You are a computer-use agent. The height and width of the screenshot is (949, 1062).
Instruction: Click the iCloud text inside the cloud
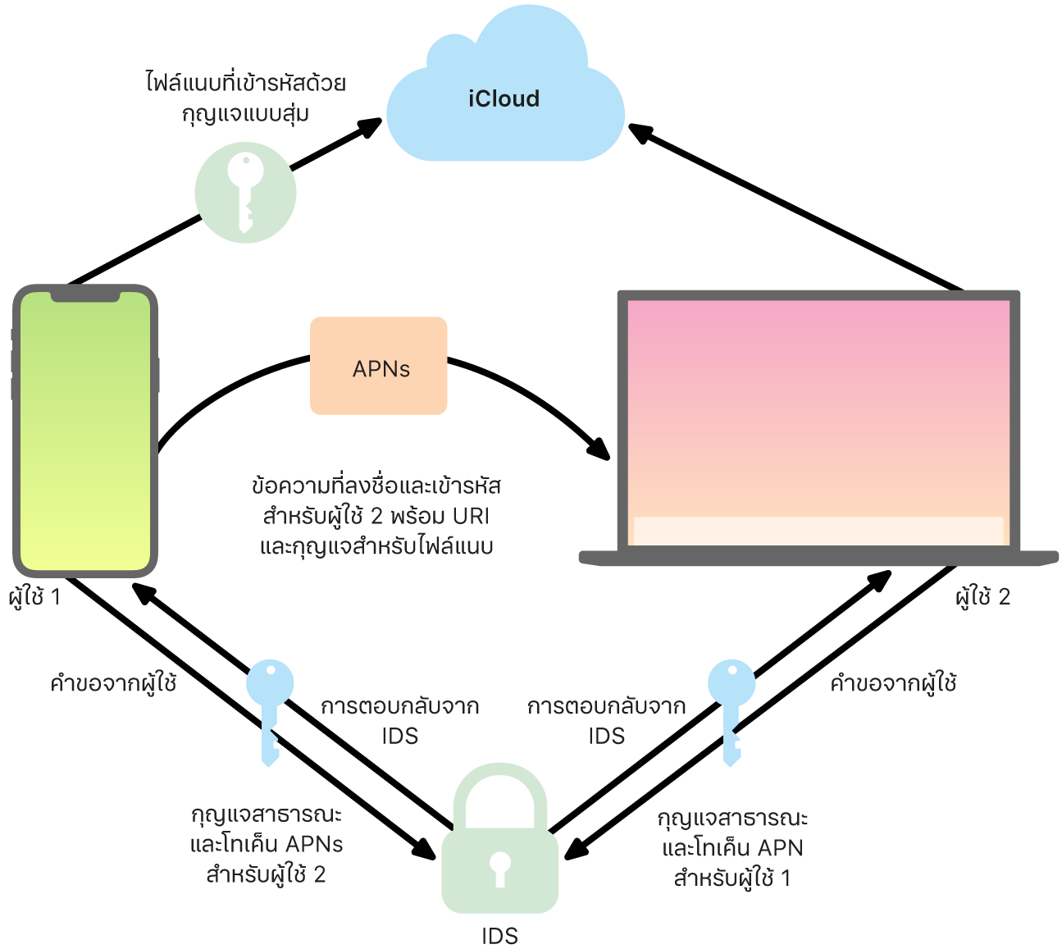point(504,99)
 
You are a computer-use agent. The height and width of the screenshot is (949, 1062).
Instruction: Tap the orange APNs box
point(379,366)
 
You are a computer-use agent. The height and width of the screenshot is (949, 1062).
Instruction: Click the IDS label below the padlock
point(499,936)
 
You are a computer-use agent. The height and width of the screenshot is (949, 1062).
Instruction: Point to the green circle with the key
point(245,193)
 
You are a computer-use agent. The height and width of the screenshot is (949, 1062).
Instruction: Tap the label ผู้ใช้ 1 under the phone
point(34,597)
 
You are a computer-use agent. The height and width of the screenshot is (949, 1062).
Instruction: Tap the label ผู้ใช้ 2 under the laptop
point(982,597)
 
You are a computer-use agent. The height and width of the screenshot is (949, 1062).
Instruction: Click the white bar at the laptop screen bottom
point(818,530)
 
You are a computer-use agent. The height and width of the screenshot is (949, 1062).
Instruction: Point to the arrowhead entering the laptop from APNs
point(599,449)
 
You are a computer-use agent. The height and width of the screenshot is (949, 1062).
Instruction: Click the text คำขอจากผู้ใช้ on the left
point(113,683)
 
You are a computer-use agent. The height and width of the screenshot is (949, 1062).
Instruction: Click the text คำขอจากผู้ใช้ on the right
point(893,683)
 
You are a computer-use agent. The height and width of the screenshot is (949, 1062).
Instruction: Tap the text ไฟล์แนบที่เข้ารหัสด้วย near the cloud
point(246,83)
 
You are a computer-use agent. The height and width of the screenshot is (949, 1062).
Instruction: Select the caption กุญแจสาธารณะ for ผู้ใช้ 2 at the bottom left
point(267,814)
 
